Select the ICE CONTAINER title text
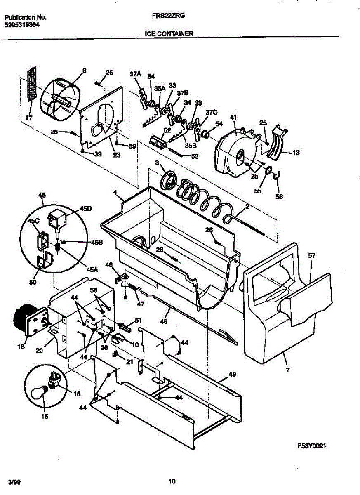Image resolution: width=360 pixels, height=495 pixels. click(x=169, y=35)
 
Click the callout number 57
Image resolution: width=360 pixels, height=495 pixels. click(x=312, y=256)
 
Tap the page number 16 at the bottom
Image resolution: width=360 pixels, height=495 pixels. click(x=172, y=481)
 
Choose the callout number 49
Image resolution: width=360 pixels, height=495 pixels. click(x=233, y=375)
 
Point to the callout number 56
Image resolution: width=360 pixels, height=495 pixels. click(x=280, y=197)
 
